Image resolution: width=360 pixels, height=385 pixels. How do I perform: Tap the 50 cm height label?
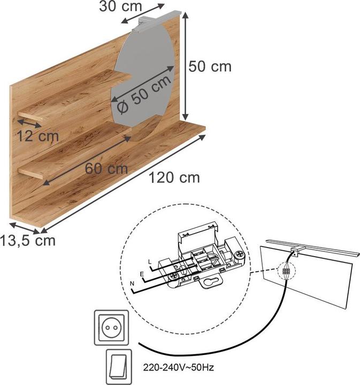coord(210,66)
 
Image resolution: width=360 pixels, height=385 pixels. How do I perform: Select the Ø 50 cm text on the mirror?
coord(143,94)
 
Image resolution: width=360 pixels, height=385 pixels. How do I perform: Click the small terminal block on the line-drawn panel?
coord(287,272)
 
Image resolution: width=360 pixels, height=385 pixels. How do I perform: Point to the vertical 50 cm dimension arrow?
coord(186,67)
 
